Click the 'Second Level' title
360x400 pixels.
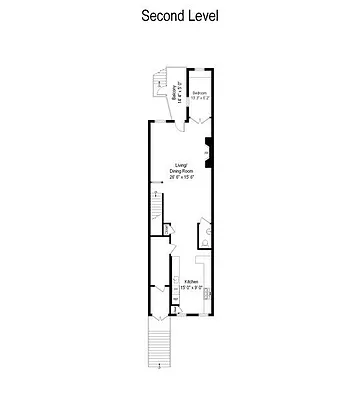click(180, 17)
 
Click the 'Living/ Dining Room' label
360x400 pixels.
click(181, 168)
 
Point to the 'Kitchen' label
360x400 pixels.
click(190, 282)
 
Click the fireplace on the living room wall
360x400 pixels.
click(207, 149)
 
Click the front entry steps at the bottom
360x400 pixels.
click(160, 346)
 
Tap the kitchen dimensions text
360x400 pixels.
click(191, 288)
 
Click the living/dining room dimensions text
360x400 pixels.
click(181, 177)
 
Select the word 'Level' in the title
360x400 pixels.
click(202, 17)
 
